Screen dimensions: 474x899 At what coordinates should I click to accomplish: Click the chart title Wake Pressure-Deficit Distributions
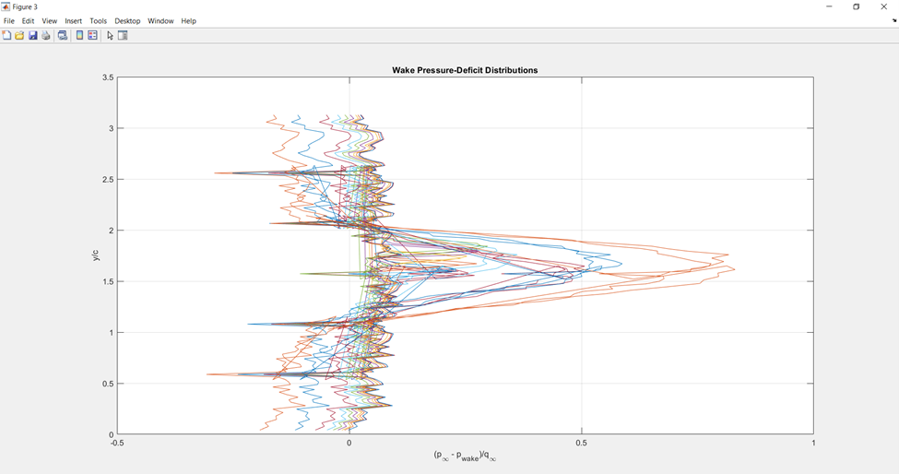pos(465,70)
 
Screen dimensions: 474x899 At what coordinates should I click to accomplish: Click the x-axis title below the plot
pos(465,456)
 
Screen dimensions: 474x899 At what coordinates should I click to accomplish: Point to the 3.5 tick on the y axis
pos(108,77)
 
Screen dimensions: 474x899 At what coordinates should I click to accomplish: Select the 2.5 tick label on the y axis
pos(108,180)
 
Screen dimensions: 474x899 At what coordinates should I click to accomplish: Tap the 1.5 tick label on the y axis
pos(108,281)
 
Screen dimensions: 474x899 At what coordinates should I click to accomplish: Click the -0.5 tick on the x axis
pos(117,443)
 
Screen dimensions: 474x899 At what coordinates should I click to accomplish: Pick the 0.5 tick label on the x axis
pos(581,443)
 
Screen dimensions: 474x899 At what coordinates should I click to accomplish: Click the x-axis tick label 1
pos(813,443)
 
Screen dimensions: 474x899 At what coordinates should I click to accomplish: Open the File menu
pos(9,20)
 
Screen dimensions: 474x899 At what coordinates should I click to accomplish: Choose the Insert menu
pos(73,20)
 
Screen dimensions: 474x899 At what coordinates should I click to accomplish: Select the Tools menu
pos(98,20)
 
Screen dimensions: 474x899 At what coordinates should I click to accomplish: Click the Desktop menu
pos(127,20)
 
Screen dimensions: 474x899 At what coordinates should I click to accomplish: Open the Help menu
pos(188,20)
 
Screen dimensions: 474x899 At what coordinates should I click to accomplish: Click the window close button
pos(883,6)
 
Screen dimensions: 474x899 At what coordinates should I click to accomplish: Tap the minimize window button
pos(829,6)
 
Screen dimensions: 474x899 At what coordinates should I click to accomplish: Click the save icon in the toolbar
pos(32,36)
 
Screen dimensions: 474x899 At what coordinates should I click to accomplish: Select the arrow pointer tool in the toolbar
pos(110,36)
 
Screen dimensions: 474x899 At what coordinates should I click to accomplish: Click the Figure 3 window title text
pos(25,6)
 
